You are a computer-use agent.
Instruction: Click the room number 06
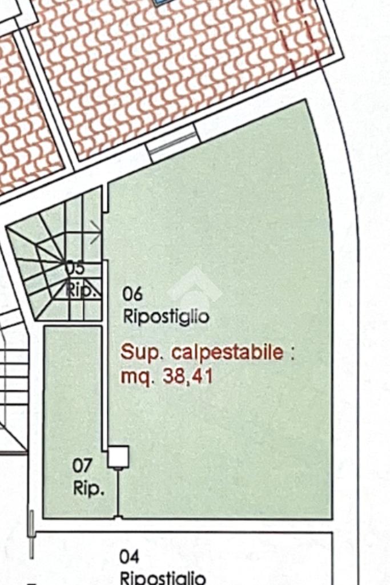(x=132, y=294)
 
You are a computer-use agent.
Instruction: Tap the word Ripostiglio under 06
(x=166, y=316)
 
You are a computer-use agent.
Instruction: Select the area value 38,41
(x=188, y=376)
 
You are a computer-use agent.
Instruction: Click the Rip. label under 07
(x=89, y=489)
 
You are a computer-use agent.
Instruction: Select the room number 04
(x=129, y=556)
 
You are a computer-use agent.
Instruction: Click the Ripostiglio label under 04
(x=163, y=578)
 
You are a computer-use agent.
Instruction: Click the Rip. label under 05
(x=82, y=289)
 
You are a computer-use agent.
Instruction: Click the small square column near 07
(x=119, y=457)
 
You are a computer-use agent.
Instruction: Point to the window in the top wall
(x=172, y=142)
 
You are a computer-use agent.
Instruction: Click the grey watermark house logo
(x=195, y=285)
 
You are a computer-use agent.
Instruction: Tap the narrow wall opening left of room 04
(x=31, y=534)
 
